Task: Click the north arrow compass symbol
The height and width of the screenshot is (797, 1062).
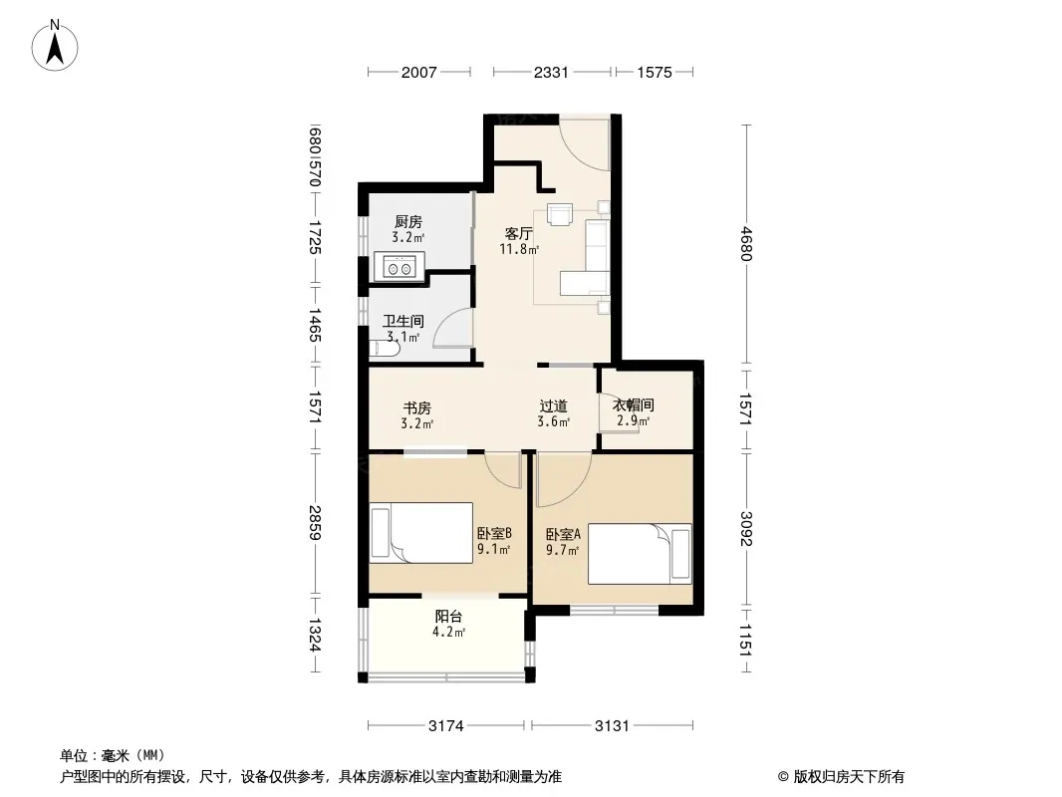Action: click(x=55, y=46)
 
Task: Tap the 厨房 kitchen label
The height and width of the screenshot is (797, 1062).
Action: click(x=408, y=222)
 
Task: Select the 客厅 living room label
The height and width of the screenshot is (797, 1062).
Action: click(x=519, y=234)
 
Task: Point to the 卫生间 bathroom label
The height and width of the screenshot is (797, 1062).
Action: click(x=403, y=321)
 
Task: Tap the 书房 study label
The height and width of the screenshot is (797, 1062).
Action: click(x=416, y=408)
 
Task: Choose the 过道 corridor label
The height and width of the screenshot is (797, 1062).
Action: click(x=553, y=406)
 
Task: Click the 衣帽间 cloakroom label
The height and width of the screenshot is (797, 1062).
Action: click(x=634, y=404)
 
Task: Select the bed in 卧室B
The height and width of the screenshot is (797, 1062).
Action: click(x=420, y=533)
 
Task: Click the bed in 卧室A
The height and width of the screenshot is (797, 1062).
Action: click(x=640, y=554)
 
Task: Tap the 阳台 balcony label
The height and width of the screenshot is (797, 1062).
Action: click(x=448, y=617)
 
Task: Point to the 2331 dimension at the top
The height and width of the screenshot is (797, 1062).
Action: click(x=551, y=72)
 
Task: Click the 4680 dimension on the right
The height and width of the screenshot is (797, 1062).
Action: click(x=746, y=244)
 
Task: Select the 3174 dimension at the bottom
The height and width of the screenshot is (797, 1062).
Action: click(x=445, y=726)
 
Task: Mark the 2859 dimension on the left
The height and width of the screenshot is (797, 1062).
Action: click(x=314, y=523)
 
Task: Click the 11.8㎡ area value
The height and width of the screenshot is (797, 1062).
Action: click(x=519, y=249)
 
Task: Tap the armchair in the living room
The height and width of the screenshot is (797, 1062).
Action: click(x=560, y=214)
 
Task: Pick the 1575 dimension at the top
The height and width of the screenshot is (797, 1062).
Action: click(x=655, y=72)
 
